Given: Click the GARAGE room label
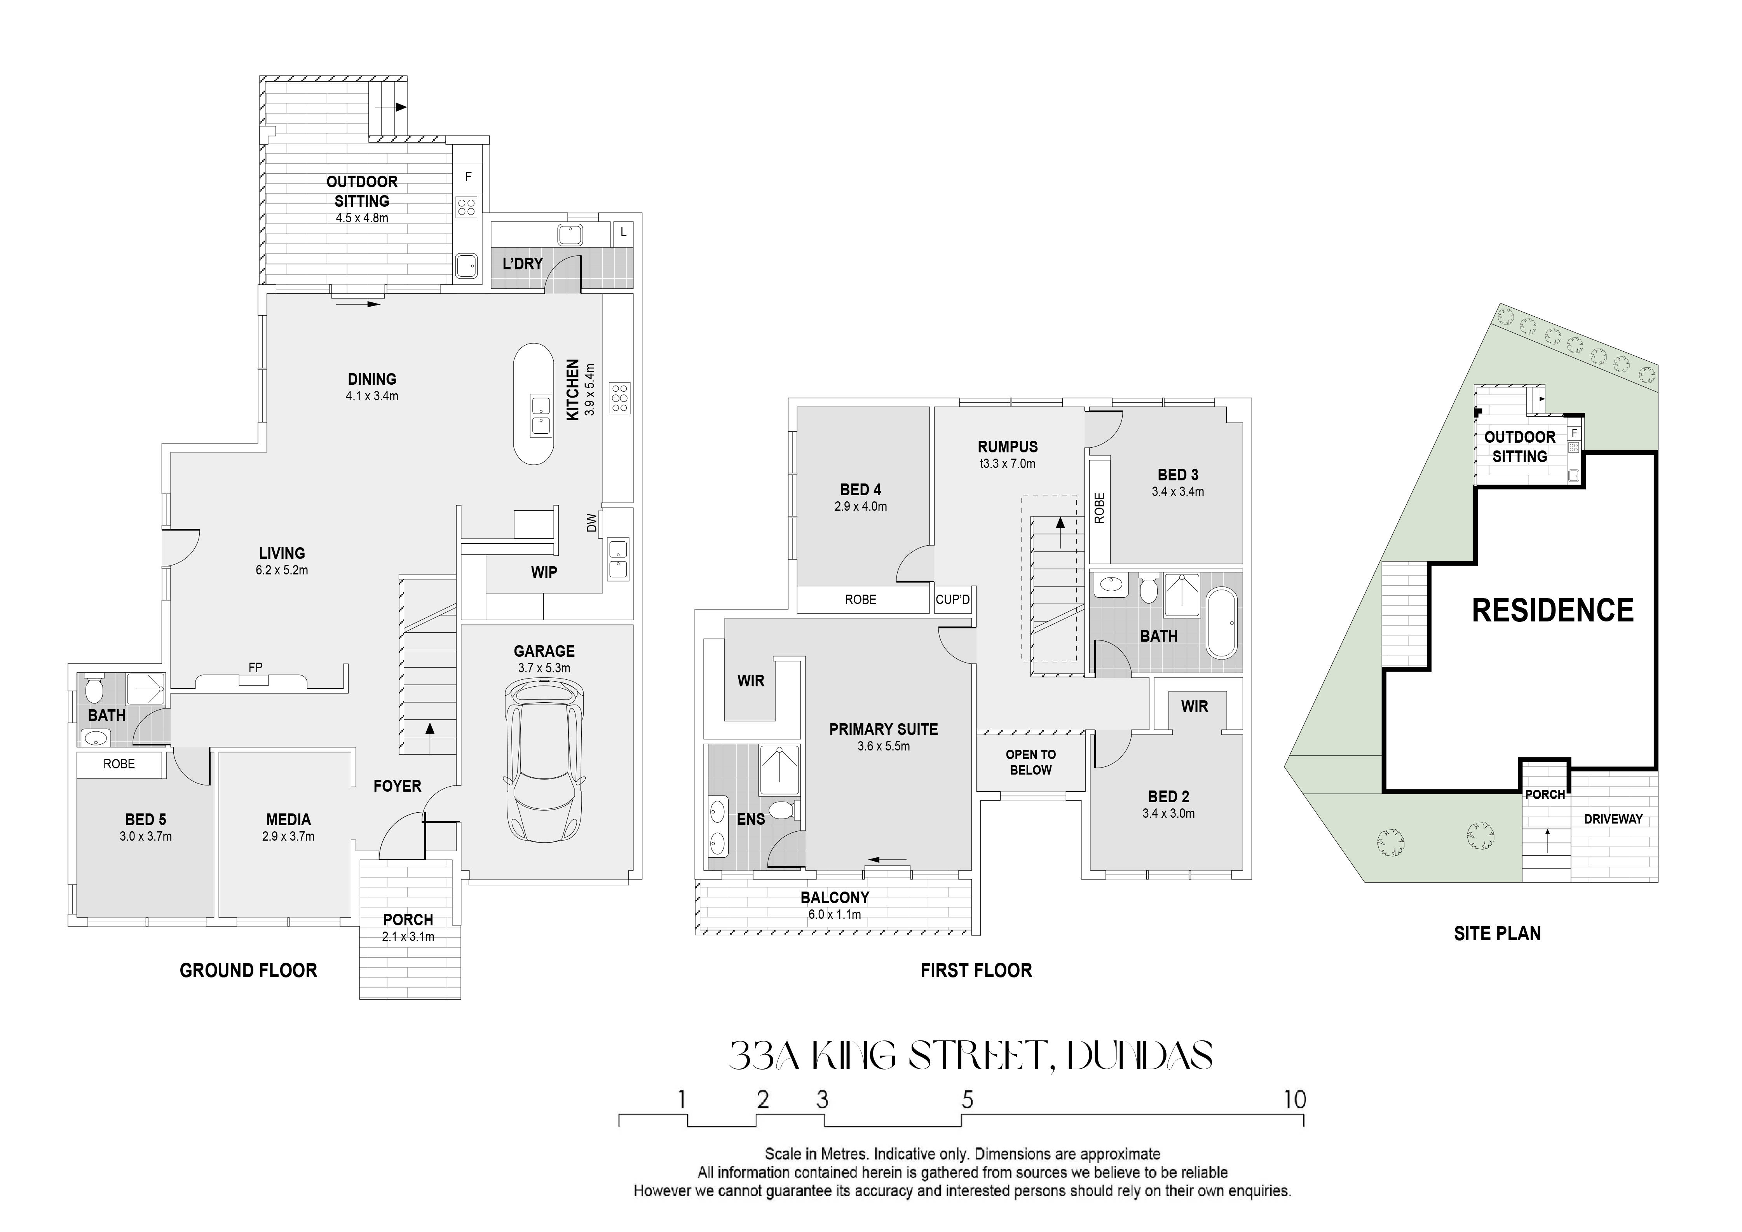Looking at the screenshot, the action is [x=544, y=651].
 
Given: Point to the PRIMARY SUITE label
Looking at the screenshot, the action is [x=883, y=729].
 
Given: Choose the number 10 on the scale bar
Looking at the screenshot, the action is [x=1295, y=1099].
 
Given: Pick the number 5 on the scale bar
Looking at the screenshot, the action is [x=967, y=1099].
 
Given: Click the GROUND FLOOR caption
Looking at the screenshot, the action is [x=248, y=970].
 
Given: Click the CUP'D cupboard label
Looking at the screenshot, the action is [x=953, y=599].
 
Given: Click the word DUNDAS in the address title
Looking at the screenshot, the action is [x=1140, y=1055].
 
